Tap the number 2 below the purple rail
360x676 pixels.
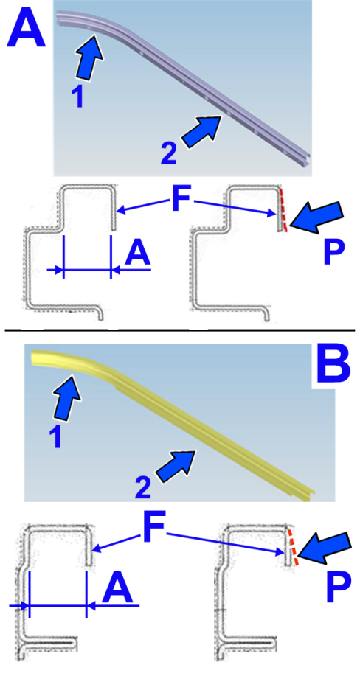tap(169, 154)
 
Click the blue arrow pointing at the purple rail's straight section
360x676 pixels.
tap(201, 132)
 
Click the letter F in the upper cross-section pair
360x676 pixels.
tap(181, 198)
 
